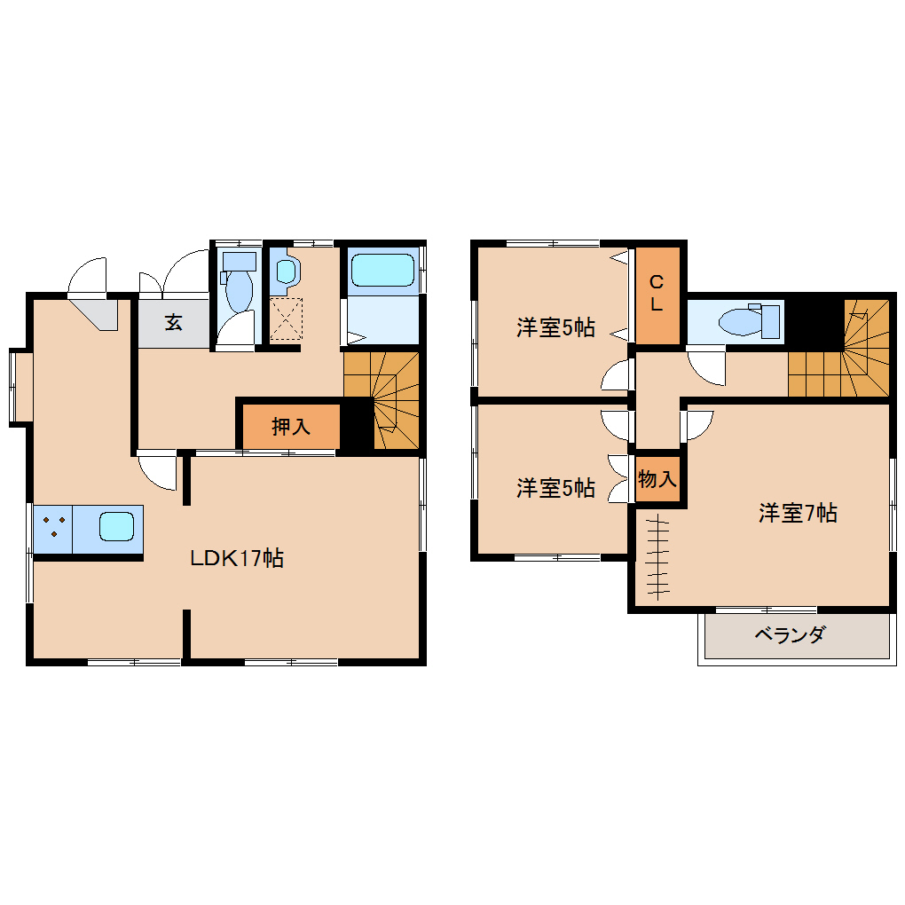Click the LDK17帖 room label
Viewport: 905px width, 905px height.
tap(237, 558)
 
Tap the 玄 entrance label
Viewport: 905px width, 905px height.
tap(174, 322)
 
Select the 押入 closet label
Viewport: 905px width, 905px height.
tap(291, 427)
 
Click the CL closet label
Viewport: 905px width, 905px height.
tap(657, 293)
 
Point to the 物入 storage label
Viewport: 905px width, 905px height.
tap(657, 478)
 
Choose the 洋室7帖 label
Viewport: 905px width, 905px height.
tap(798, 513)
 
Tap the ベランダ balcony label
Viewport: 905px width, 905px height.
tap(790, 635)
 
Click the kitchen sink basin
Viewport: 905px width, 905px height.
tap(116, 526)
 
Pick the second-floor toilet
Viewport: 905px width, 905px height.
tap(749, 321)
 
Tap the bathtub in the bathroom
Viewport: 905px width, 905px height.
tap(382, 270)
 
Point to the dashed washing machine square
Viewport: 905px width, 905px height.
tap(287, 319)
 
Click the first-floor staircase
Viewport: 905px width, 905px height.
tap(381, 400)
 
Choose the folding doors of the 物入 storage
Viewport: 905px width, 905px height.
tap(618, 478)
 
